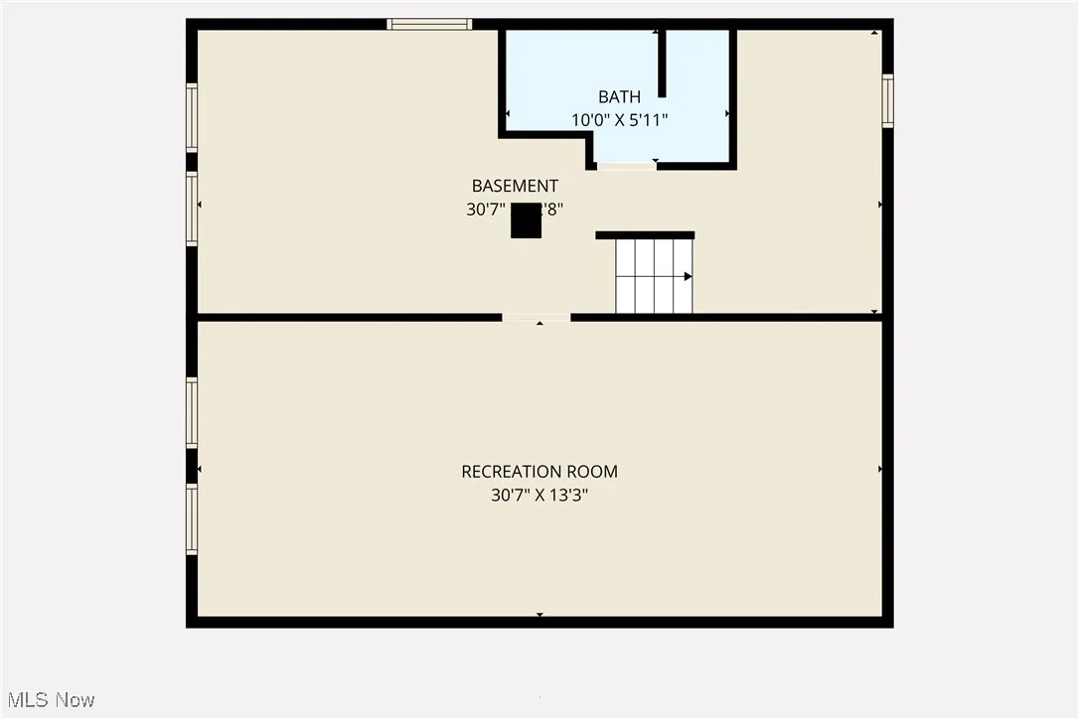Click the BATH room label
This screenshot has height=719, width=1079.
[619, 96]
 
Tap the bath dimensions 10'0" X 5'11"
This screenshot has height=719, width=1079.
[619, 119]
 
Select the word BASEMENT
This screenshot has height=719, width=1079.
[515, 186]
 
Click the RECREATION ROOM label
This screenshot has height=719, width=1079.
[539, 472]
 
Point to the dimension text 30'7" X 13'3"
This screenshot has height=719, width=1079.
[539, 494]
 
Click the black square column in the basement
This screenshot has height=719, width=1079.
[526, 221]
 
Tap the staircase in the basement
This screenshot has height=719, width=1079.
[654, 275]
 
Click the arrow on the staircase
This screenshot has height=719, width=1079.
[688, 276]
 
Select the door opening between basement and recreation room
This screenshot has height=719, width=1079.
[537, 317]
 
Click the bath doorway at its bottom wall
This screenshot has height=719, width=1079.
[626, 166]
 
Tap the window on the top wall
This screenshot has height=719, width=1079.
[429, 24]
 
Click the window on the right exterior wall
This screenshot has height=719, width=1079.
[887, 101]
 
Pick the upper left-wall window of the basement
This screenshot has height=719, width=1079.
[192, 117]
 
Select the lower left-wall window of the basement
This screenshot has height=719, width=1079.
[192, 209]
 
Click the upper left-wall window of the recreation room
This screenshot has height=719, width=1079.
[192, 412]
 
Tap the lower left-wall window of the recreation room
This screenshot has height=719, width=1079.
[192, 518]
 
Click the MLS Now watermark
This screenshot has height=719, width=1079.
[49, 700]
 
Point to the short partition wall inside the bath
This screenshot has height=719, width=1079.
[662, 63]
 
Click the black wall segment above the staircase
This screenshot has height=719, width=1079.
[645, 235]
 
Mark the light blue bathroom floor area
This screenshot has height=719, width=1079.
[556, 70]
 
